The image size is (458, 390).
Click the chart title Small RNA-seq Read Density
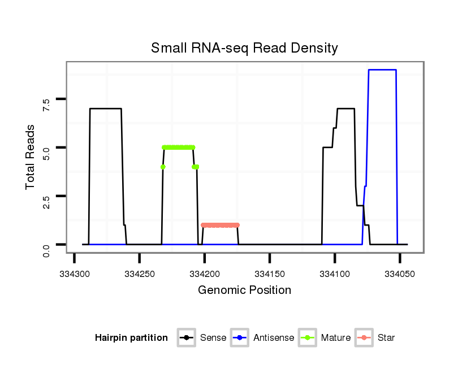click(244, 48)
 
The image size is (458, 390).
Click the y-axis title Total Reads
click(31, 157)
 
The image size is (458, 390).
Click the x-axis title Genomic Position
click(244, 291)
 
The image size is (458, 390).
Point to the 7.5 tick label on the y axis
click(46, 101)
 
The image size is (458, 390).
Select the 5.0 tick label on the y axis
click(46, 149)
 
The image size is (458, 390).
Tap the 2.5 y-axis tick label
click(46, 197)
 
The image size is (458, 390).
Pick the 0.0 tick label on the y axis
click(46, 245)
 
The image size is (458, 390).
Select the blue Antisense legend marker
click(240, 338)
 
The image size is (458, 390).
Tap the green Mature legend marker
click(307, 338)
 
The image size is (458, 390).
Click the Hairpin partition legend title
click(131, 338)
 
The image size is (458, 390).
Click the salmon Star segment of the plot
click(221, 225)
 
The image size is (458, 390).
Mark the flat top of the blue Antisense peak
click(382, 70)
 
